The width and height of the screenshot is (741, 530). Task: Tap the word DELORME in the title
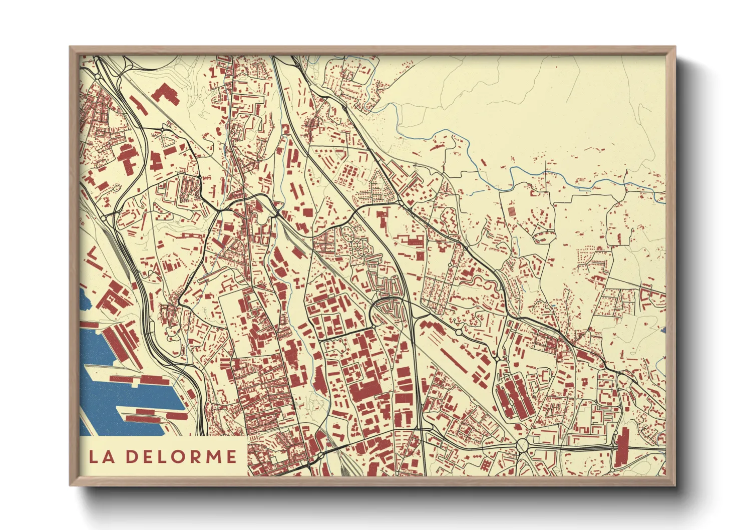(181, 456)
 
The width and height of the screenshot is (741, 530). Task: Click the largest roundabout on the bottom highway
(522, 444)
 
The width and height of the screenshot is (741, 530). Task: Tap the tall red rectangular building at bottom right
(622, 447)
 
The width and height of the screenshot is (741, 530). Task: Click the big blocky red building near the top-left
(166, 94)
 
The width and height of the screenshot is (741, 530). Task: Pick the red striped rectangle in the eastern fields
(512, 211)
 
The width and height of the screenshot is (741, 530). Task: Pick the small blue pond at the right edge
(663, 330)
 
